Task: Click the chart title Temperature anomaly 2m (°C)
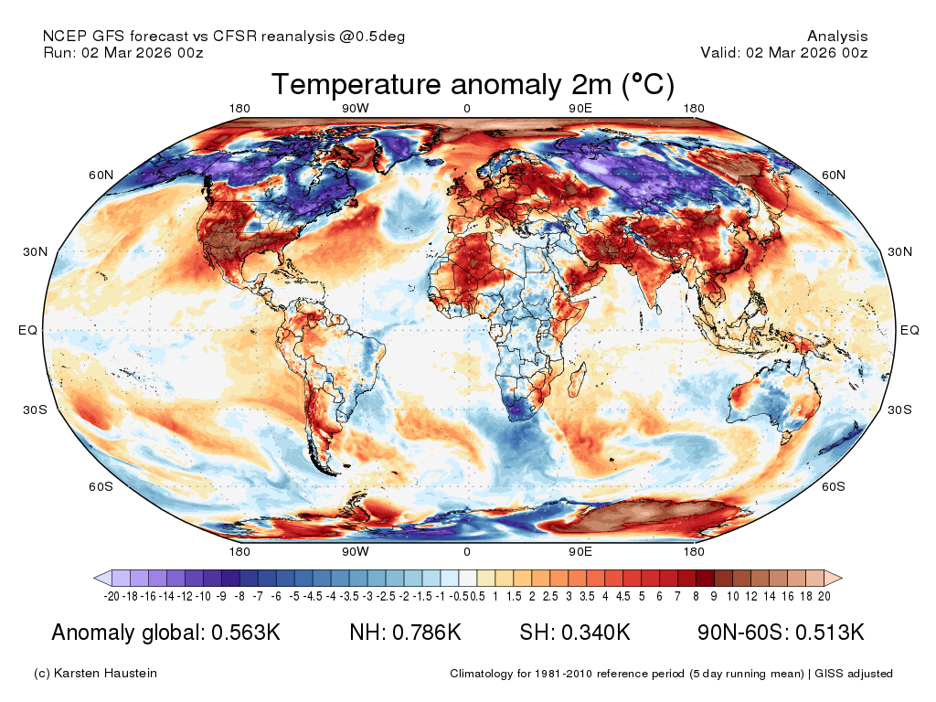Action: pyautogui.click(x=473, y=84)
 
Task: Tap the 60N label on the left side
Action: pyautogui.click(x=101, y=175)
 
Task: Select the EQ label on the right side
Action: pyautogui.click(x=909, y=330)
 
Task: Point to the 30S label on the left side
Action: pyautogui.click(x=36, y=409)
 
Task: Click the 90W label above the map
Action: pyautogui.click(x=356, y=108)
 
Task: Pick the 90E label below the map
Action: pyautogui.click(x=580, y=551)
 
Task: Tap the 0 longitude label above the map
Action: pyautogui.click(x=467, y=108)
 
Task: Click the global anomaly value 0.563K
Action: pyautogui.click(x=246, y=633)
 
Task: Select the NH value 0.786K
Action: pyautogui.click(x=426, y=633)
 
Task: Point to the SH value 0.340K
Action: pyautogui.click(x=596, y=633)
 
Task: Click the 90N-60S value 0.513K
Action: pyautogui.click(x=830, y=633)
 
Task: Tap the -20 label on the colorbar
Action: pyautogui.click(x=112, y=596)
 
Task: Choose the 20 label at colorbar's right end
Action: pyautogui.click(x=824, y=596)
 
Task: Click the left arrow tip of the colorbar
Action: pyautogui.click(x=94, y=578)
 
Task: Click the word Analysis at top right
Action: pyautogui.click(x=837, y=37)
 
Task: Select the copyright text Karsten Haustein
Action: pyautogui.click(x=105, y=673)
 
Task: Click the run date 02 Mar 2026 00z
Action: pyautogui.click(x=142, y=52)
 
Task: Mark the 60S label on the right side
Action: pyautogui.click(x=834, y=486)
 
